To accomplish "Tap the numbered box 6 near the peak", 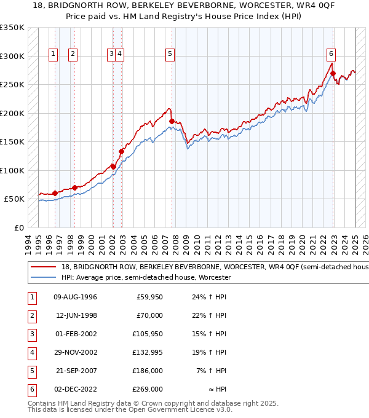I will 331,53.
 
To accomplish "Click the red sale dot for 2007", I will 172,121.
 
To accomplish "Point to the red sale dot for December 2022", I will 333,74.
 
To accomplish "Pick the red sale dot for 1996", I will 55,193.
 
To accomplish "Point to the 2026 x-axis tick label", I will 365,243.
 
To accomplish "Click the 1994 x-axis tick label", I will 28,243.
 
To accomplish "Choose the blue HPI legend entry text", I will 146,278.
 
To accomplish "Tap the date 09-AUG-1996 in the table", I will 76,298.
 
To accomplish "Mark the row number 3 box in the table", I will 31,334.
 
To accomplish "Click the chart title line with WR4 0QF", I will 184,7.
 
